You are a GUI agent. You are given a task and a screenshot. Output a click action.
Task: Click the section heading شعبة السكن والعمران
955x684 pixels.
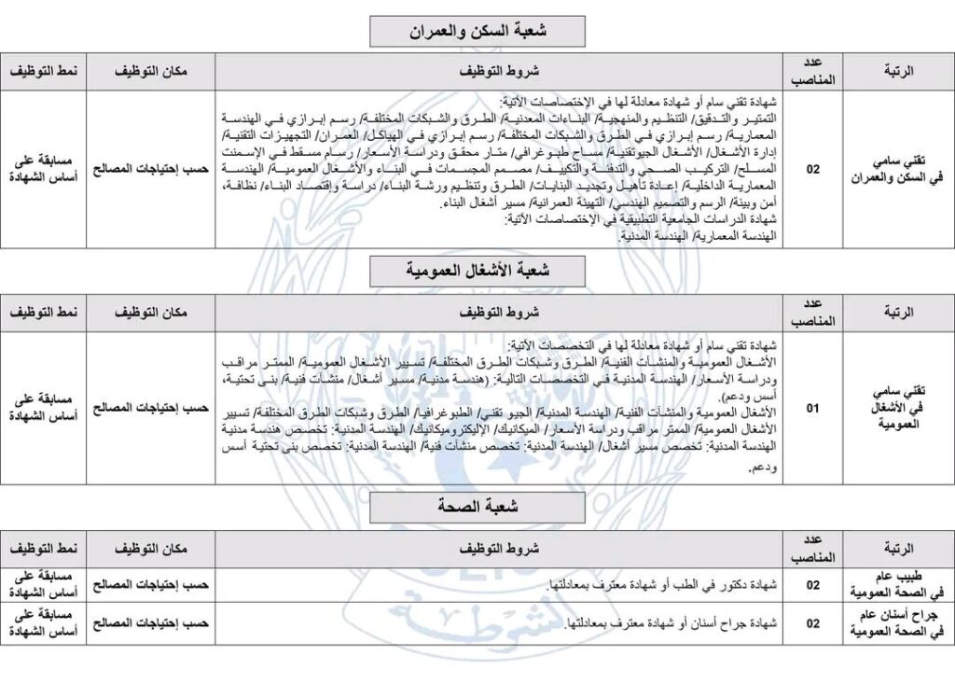[477, 32]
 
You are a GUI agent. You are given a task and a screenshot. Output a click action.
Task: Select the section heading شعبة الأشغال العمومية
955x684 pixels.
[477, 271]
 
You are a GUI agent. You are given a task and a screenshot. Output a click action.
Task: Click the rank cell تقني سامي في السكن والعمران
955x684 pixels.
[898, 169]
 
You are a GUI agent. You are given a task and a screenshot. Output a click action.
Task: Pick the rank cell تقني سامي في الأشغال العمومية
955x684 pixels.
[898, 409]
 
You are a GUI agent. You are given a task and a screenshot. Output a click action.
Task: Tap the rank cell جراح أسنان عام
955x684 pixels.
[898, 623]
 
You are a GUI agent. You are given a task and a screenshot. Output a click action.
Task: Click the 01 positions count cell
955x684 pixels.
[813, 409]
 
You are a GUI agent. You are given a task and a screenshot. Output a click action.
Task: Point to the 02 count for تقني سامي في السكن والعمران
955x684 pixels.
[813, 169]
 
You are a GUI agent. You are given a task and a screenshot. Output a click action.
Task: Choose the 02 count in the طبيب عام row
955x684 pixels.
[813, 585]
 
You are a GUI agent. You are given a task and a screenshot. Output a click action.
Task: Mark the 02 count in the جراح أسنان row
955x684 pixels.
[813, 623]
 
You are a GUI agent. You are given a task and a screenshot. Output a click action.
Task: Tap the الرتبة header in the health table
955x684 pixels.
[897, 548]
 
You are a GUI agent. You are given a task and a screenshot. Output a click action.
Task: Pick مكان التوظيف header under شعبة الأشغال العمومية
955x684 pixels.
[150, 311]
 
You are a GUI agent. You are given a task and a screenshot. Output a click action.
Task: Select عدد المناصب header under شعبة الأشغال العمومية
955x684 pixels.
[813, 311]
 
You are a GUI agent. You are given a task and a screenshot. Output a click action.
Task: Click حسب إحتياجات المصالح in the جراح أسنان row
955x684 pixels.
[150, 623]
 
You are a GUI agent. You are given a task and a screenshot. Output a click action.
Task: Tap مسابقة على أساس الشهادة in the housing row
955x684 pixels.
[44, 169]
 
